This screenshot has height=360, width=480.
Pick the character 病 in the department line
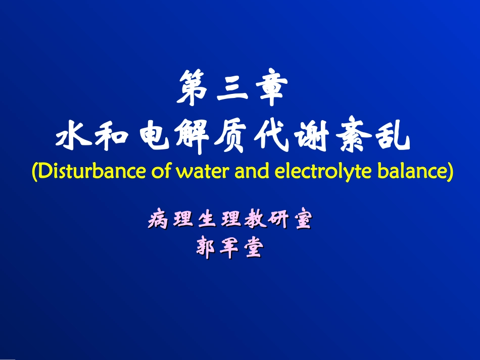[158, 220]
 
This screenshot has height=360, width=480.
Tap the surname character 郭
[206, 248]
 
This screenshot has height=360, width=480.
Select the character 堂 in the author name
[253, 248]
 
